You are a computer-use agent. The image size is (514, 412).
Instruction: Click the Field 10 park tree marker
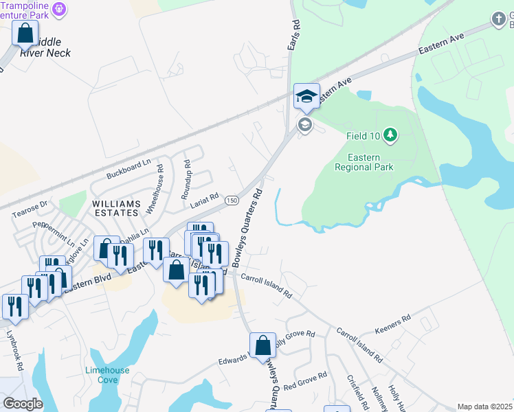tap(390, 135)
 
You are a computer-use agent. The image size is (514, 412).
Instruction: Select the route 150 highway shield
tap(232, 199)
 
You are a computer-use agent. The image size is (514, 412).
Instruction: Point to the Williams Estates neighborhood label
tap(117, 208)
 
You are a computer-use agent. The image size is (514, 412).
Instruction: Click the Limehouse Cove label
tap(107, 375)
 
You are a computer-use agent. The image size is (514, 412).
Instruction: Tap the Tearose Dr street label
tap(29, 209)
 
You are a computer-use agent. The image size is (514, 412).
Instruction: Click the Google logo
tap(23, 404)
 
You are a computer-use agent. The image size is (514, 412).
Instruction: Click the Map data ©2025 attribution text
tap(484, 407)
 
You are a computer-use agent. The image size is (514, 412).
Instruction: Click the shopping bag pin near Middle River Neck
tap(25, 33)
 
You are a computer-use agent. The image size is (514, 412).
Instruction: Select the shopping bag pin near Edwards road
tap(262, 346)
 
